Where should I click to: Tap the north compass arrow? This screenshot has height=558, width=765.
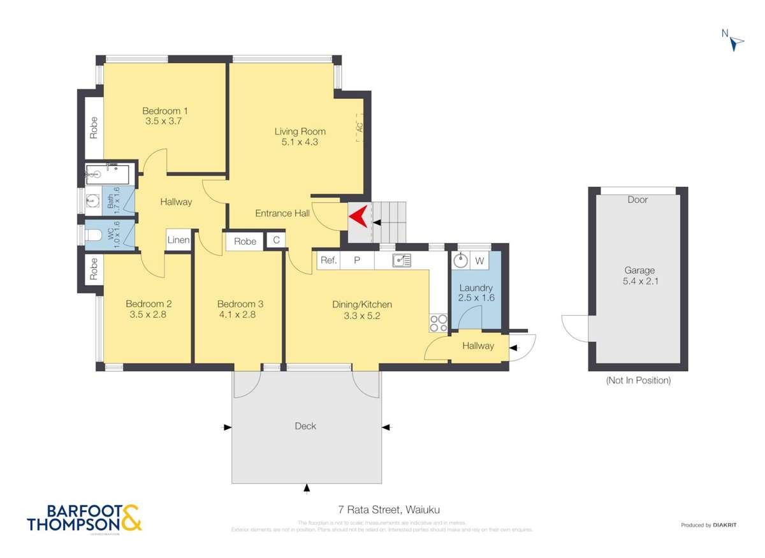tap(737, 42)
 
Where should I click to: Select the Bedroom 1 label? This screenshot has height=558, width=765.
tap(164, 110)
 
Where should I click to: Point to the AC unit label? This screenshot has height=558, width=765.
tap(360, 126)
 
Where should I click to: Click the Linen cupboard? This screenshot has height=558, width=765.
tap(178, 240)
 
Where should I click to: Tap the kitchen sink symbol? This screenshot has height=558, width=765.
tap(402, 260)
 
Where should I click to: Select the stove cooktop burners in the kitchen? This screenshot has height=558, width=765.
tap(438, 323)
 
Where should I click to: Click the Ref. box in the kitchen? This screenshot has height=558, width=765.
tap(328, 260)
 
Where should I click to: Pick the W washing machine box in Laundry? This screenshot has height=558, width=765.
tap(479, 261)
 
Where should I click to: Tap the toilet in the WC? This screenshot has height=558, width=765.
tap(94, 235)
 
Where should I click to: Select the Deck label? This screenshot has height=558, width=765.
tap(305, 426)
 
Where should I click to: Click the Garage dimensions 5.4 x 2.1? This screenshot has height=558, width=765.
tap(638, 281)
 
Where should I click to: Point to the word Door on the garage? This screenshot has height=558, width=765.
tap(637, 200)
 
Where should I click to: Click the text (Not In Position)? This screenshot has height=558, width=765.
tap(637, 381)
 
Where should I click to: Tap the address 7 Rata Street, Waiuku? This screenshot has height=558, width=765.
tap(390, 510)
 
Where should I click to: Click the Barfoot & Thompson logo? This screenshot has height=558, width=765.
tap(84, 518)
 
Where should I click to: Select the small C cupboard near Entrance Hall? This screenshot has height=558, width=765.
tap(276, 240)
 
